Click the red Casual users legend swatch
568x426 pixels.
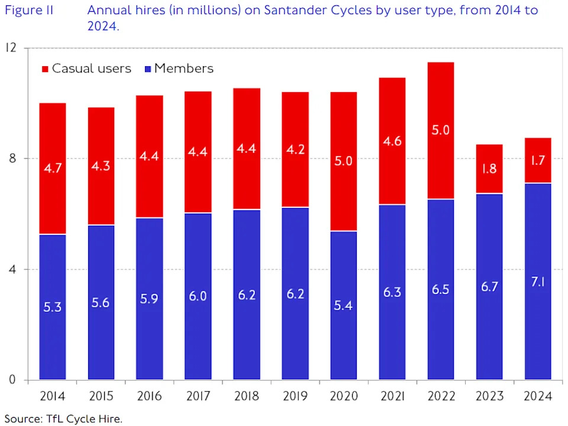click(x=46, y=69)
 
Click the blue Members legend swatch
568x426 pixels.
click(x=148, y=69)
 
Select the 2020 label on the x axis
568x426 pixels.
click(x=344, y=396)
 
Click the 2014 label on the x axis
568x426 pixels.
click(x=53, y=396)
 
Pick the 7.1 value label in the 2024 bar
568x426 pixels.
click(x=538, y=282)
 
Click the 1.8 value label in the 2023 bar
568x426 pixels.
click(x=489, y=169)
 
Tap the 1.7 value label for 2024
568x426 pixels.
click(x=538, y=161)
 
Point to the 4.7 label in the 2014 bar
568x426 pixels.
click(x=53, y=168)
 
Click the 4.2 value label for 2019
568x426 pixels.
click(x=295, y=149)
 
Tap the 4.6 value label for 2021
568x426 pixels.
click(x=392, y=141)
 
